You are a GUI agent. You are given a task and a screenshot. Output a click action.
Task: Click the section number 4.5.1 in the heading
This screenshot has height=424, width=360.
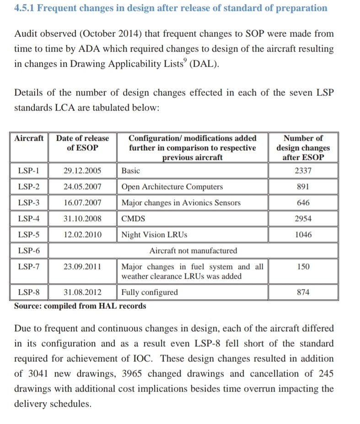point(24,8)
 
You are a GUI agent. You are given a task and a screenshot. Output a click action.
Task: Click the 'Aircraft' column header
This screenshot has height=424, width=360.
point(29,138)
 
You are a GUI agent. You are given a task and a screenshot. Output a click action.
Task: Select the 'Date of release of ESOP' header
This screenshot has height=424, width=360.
point(82,143)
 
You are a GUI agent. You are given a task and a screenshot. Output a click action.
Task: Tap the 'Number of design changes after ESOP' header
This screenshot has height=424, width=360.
point(303,147)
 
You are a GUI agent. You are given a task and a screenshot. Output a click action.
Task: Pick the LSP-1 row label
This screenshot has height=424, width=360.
point(29,171)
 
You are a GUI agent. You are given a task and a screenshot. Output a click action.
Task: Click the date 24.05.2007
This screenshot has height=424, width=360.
point(82,187)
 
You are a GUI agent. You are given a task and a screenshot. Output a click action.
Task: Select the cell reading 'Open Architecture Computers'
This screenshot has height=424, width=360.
point(172,187)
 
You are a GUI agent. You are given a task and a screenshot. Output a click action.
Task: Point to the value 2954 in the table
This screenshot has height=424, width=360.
point(303,219)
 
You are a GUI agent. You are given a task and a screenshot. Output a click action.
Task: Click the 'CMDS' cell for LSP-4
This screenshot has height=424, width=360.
point(133,219)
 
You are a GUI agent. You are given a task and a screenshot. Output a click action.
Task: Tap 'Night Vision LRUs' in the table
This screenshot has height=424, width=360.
point(154,235)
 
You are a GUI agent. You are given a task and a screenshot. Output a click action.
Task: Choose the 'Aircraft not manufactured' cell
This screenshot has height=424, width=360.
point(193,251)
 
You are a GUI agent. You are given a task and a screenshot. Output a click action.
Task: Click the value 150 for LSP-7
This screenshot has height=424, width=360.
point(303,267)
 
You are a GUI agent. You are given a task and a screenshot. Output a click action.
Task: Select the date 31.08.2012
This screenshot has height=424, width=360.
point(82,292)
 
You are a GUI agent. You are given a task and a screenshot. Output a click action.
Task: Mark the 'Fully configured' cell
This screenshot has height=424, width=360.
point(150,292)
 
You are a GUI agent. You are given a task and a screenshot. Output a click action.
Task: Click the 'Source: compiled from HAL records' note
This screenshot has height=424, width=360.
point(80,306)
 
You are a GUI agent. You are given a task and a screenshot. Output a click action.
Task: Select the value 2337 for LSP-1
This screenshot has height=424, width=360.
point(303,171)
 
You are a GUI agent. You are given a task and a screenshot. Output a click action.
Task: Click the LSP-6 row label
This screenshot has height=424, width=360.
point(29,251)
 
